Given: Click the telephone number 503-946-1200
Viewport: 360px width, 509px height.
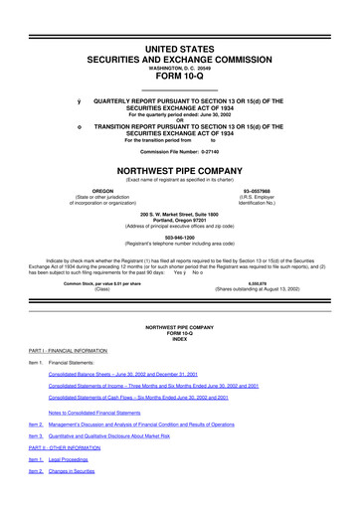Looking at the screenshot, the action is pos(180,237).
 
